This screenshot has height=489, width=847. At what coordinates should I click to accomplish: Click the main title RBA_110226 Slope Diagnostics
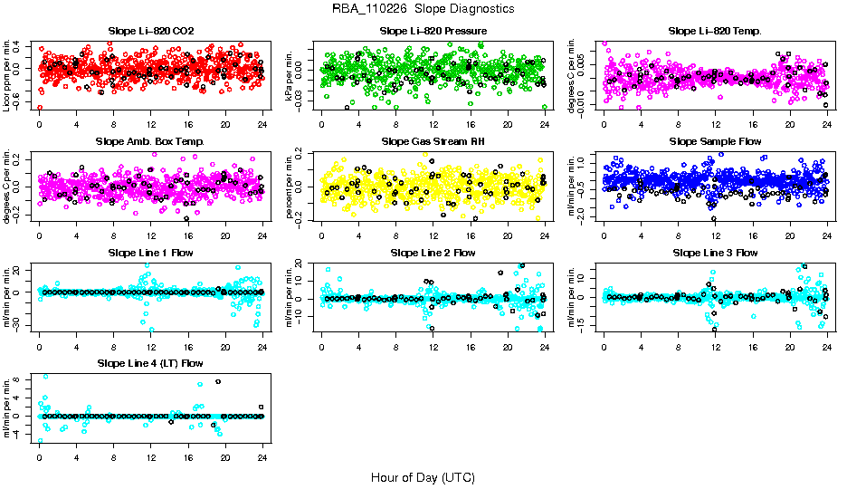423,8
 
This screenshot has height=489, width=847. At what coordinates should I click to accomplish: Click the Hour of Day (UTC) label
423,476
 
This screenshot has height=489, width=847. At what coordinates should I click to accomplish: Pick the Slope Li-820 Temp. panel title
715,31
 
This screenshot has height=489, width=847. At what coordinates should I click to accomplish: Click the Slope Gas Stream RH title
433,141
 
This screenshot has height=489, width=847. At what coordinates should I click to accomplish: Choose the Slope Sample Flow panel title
715,141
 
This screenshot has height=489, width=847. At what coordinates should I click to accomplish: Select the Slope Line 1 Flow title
150,252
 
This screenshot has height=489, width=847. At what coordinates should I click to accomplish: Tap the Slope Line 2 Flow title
433,252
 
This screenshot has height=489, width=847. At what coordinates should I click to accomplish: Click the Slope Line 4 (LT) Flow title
150,362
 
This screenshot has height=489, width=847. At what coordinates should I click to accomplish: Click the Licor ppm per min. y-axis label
7,74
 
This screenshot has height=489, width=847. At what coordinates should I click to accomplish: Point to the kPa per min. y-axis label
290,74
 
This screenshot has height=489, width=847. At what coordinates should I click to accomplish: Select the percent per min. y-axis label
290,185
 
